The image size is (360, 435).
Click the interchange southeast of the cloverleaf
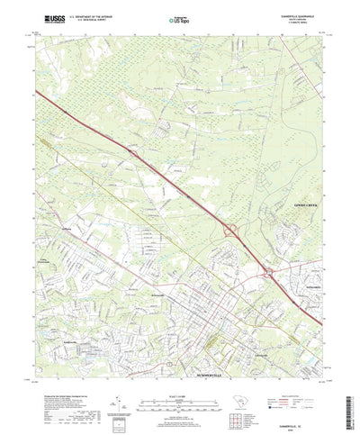click(x=268, y=271)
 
